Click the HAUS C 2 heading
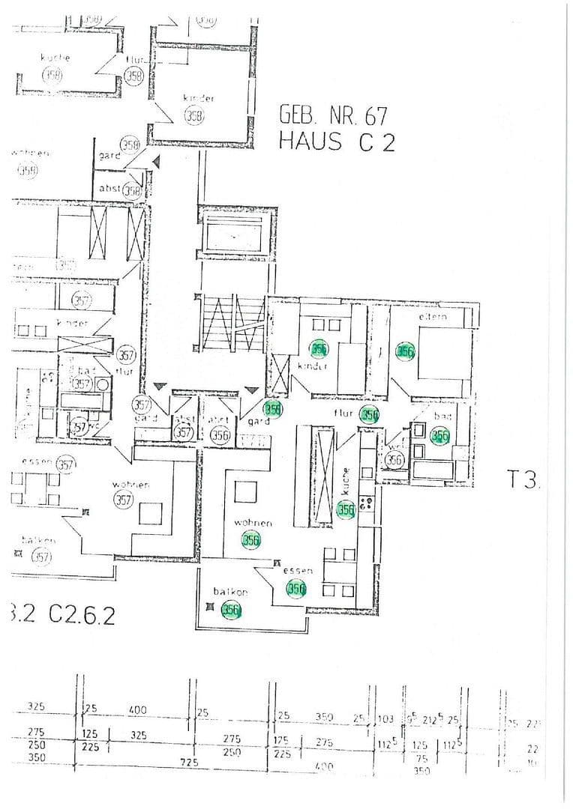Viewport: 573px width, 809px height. [x=337, y=141]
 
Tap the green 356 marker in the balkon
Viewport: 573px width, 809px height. [x=232, y=610]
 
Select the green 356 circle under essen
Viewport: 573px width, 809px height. [x=297, y=590]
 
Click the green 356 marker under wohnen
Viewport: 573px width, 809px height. [x=250, y=539]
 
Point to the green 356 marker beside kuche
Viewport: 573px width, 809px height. [x=345, y=510]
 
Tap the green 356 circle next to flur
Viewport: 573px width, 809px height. [x=369, y=415]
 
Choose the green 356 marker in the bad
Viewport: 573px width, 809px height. [x=439, y=436]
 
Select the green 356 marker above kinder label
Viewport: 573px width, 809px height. [x=319, y=348]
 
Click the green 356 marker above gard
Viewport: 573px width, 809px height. [x=273, y=409]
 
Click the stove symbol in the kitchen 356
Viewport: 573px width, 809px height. [x=367, y=503]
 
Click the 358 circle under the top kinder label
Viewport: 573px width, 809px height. [x=193, y=115]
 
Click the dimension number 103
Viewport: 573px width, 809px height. [x=385, y=719]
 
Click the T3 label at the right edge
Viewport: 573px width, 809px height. [x=523, y=480]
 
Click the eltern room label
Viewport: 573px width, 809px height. [x=433, y=317]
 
